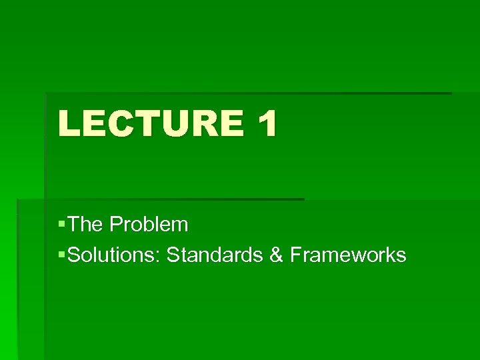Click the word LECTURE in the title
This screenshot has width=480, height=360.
(151, 124)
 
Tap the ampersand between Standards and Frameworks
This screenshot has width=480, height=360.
(277, 255)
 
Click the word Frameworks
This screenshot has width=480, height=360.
(348, 255)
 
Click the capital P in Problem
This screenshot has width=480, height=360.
(116, 225)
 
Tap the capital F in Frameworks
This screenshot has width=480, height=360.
(296, 255)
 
